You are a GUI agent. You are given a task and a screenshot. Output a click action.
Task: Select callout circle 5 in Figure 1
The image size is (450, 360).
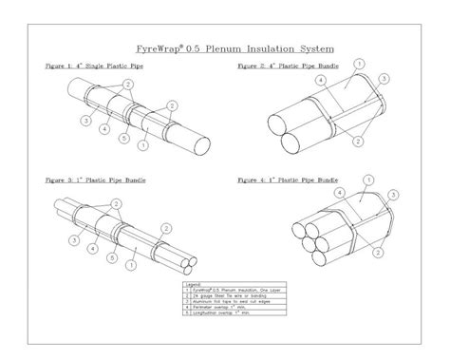[124, 140]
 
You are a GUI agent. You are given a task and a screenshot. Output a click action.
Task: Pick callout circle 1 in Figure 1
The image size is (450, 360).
[141, 144]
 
